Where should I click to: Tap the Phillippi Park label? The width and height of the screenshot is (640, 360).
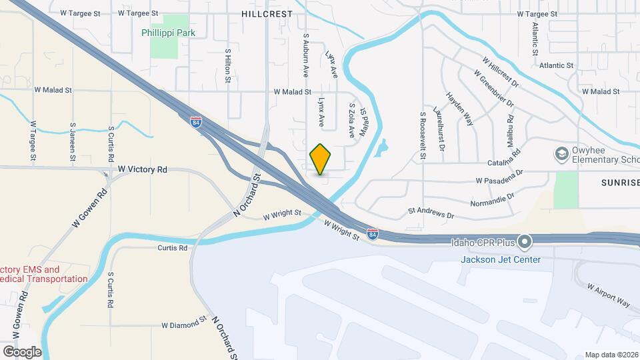tap(167, 32)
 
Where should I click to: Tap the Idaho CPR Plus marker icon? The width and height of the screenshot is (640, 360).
tap(525, 241)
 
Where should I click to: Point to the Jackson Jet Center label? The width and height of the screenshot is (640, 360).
tap(501, 259)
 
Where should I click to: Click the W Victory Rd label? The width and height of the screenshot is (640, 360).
tap(143, 170)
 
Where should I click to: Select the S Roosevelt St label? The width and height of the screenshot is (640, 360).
tap(423, 136)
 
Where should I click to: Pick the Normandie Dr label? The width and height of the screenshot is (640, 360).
tap(493, 199)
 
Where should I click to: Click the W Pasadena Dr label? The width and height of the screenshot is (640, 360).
tap(500, 180)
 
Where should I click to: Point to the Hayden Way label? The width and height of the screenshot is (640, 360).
tap(459, 109)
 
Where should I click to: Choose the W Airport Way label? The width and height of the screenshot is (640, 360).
tap(608, 294)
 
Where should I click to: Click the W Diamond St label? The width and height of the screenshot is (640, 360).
tap(183, 325)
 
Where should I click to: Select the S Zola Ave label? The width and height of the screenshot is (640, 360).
tap(352, 120)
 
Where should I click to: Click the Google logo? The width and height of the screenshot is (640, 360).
tap(22, 351)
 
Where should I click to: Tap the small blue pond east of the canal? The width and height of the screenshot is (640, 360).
tap(380, 148)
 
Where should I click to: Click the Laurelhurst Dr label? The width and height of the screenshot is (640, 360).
tap(438, 124)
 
